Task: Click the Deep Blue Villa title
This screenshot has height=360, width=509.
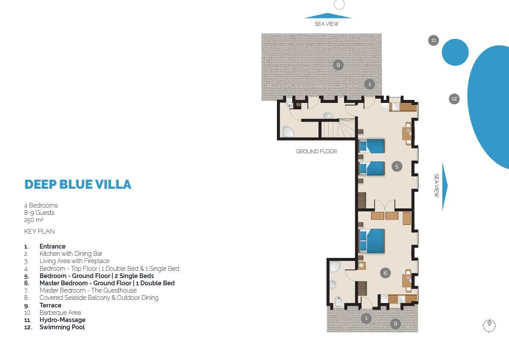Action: (78, 184)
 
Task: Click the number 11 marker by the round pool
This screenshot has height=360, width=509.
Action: (433, 41)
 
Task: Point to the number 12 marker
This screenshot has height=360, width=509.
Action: (454, 99)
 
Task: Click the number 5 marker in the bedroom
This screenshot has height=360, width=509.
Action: (397, 167)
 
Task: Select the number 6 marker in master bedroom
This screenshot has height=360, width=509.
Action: (385, 273)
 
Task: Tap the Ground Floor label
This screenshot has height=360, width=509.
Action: (316, 152)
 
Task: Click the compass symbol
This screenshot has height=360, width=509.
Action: (489, 325)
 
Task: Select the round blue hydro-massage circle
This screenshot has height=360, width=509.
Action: (455, 52)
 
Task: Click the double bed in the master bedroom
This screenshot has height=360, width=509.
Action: (372, 241)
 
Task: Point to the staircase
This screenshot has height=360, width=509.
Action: (338, 129)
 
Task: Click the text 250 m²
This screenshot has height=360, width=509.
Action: (34, 220)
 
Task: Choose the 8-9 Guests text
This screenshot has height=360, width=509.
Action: (39, 213)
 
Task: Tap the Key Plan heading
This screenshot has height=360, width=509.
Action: (39, 231)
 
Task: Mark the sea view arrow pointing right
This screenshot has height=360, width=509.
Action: (445, 186)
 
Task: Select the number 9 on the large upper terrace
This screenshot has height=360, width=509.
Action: (338, 65)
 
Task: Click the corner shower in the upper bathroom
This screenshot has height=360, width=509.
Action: (287, 132)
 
